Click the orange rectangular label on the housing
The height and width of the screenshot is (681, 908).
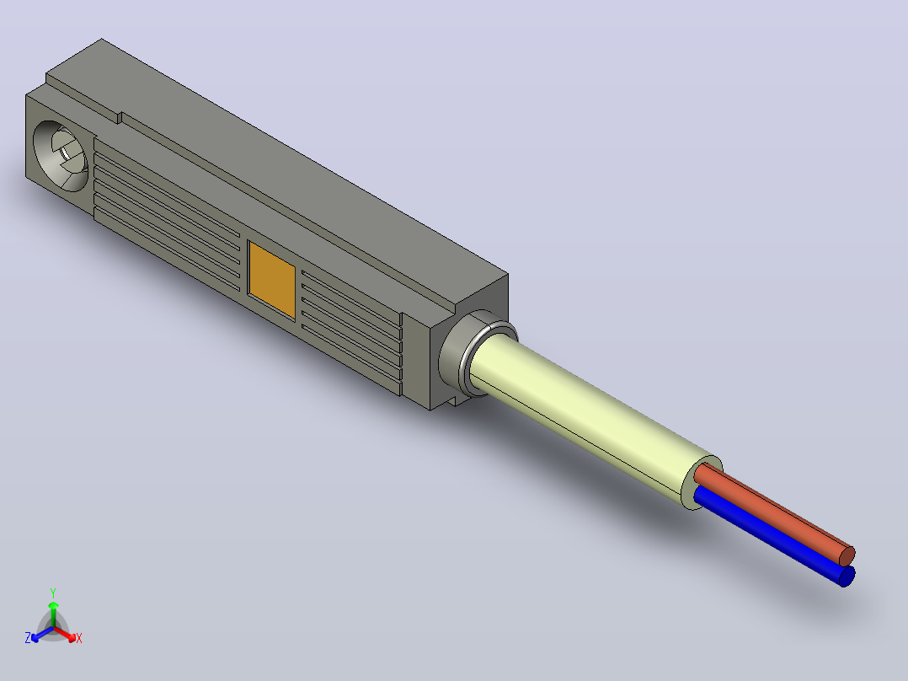[271, 279]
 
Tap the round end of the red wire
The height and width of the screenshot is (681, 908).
[847, 556]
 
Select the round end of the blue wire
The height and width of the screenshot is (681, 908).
[847, 576]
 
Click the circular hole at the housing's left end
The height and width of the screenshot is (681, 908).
[61, 156]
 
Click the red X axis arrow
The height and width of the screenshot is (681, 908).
[65, 634]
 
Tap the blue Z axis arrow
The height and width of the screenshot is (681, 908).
[43, 634]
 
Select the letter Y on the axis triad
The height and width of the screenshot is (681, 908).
[53, 593]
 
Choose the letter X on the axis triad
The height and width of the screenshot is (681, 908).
[79, 638]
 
